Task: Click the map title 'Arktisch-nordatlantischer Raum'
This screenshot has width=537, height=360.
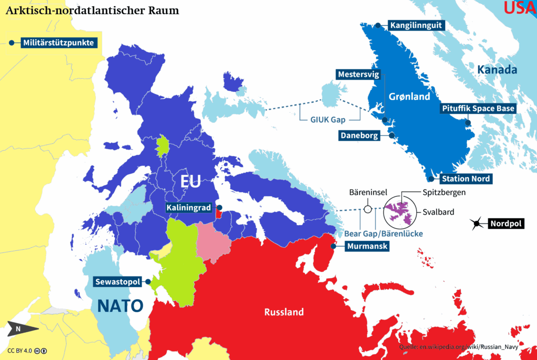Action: point(92,10)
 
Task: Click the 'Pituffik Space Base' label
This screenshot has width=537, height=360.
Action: point(478,108)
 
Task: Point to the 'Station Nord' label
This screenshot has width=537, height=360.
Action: point(466,178)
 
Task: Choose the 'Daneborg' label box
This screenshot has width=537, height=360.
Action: point(359,135)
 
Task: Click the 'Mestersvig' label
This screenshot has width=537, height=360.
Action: point(358,74)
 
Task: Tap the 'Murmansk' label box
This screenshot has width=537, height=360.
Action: point(367,246)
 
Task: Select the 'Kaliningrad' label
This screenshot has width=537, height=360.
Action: point(189,208)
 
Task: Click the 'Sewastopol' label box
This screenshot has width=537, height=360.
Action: point(118,282)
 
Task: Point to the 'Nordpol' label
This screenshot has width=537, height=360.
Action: point(507,224)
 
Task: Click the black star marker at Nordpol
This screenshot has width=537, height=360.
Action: point(477,224)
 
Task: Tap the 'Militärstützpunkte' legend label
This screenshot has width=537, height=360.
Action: point(60,43)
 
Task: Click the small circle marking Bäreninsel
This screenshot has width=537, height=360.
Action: point(368,209)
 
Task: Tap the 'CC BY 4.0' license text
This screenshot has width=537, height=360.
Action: point(20,351)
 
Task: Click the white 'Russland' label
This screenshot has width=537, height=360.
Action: point(284,312)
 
